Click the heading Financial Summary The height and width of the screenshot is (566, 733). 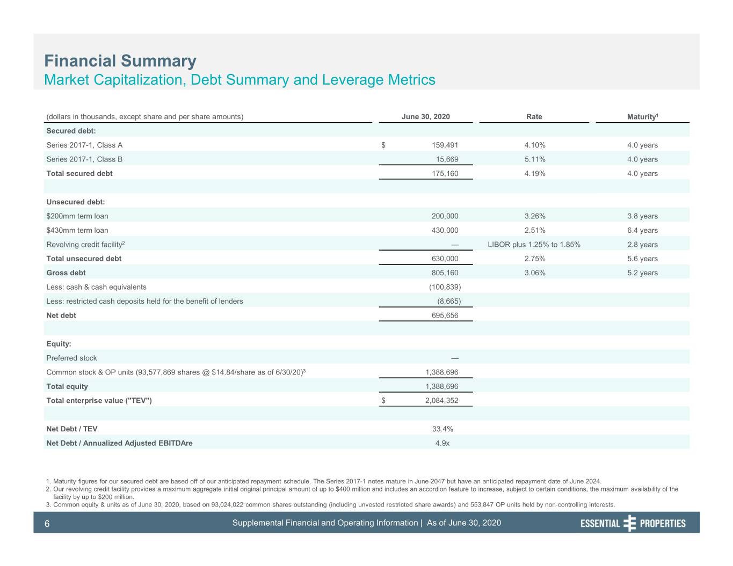tap(120, 61)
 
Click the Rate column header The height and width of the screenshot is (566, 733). tap(534, 116)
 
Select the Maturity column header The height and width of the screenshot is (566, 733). tap(642, 116)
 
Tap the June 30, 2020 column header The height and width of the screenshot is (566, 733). tap(426, 116)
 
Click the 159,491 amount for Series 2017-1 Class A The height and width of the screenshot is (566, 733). tap(445, 145)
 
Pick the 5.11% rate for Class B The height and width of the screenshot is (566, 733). tap(535, 159)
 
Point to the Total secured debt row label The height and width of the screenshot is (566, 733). tap(79, 173)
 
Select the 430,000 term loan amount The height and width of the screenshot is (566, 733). tap(445, 231)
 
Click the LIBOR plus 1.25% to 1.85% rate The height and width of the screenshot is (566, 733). tap(534, 245)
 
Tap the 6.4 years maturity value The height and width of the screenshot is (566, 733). tap(642, 231)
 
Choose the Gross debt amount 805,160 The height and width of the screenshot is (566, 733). tap(445, 273)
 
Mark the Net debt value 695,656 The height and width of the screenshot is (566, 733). tap(445, 315)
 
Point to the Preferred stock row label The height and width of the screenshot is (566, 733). tap(71, 358)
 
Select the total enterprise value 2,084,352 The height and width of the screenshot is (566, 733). tap(441, 401)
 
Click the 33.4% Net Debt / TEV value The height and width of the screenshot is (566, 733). tap(442, 429)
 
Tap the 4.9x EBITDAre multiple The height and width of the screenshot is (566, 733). tap(442, 443)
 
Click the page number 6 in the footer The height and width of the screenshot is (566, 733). tap(47, 524)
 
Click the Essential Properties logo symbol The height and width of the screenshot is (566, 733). tap(629, 523)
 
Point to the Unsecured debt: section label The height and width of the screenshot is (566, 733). tap(76, 202)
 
